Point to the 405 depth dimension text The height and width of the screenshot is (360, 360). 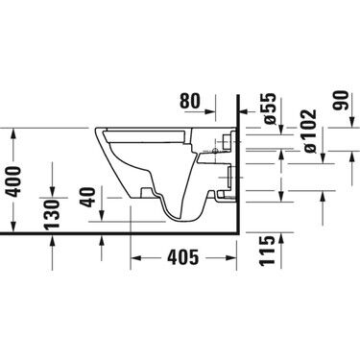[182, 257]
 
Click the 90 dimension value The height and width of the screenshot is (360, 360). [339, 103]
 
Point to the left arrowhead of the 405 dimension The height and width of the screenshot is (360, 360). [133, 257]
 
